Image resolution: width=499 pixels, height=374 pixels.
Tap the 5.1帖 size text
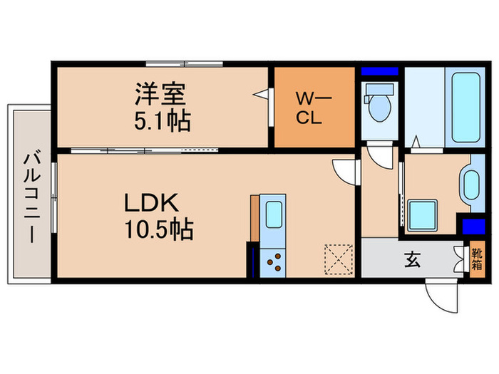coord(163,120)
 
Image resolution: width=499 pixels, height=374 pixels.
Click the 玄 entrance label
coord(413,259)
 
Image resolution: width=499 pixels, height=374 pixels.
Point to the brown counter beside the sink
coord(254,218)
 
